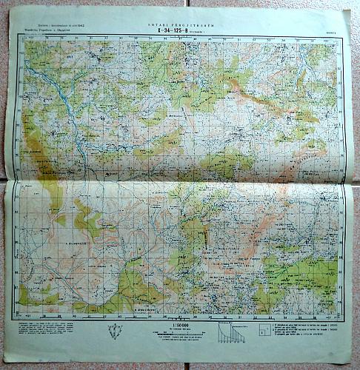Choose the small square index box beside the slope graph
(x=263, y=332)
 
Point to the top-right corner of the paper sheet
(x=350, y=11)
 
